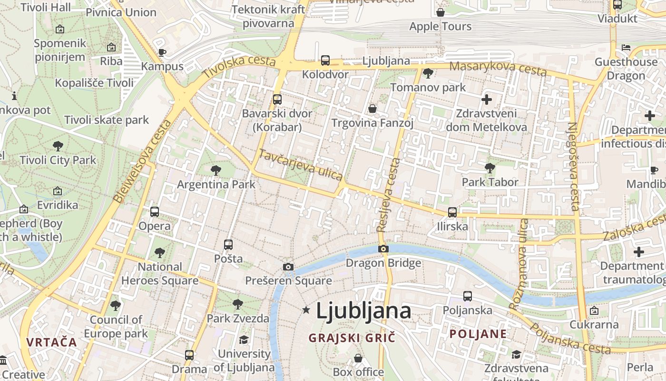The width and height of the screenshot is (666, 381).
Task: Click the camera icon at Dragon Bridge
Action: [x=383, y=249]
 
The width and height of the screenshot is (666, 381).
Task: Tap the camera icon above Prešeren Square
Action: [x=288, y=267]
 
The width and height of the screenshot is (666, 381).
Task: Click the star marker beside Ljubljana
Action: [x=306, y=310]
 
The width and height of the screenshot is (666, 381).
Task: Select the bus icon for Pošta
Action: [x=228, y=245]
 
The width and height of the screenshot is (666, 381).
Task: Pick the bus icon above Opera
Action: [x=155, y=212]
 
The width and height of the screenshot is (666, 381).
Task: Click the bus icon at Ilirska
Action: [x=452, y=212]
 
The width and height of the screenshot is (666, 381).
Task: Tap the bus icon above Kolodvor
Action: [x=325, y=60]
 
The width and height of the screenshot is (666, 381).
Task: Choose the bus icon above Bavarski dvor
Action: [x=277, y=100]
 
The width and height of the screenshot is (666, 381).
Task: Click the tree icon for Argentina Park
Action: [x=216, y=170]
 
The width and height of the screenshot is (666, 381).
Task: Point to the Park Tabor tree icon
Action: [x=490, y=168]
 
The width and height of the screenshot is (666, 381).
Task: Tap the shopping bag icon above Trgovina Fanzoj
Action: [x=372, y=109]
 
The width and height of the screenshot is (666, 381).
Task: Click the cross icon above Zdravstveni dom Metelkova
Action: [x=486, y=100]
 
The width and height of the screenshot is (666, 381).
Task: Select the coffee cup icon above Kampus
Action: [x=162, y=52]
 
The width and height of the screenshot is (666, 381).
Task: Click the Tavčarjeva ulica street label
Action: [x=300, y=165]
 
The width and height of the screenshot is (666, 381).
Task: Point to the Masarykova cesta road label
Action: [x=498, y=68]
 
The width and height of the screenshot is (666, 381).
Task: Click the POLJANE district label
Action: [x=478, y=334]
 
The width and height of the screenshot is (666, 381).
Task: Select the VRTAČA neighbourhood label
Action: [x=51, y=342]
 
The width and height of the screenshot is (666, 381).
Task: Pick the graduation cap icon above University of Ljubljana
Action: [x=244, y=340]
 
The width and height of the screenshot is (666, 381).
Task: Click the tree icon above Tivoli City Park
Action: [x=58, y=146]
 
